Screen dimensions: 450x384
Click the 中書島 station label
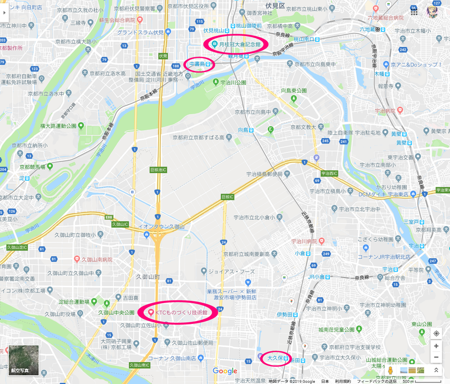(x=199, y=64)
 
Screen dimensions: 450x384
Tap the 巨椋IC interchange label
(x=227, y=197)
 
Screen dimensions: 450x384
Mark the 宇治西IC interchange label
(x=328, y=174)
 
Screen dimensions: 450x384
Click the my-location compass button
(x=436, y=333)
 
